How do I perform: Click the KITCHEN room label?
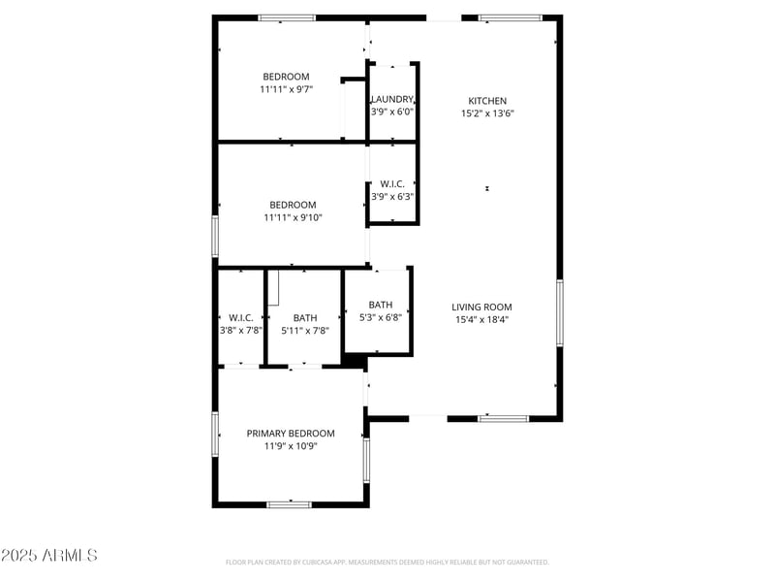coord(487,101)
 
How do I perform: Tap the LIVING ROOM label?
coord(481,307)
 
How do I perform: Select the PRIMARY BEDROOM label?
coord(291,434)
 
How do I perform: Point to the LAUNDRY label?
coord(392,99)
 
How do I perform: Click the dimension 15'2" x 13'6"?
coord(487,113)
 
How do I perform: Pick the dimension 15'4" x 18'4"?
coord(481,320)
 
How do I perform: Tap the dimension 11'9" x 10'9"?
coord(291,446)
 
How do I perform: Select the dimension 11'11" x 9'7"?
coord(286,89)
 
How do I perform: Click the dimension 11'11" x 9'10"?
coord(293,217)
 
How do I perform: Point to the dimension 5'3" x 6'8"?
coord(380,317)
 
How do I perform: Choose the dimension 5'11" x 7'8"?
coord(305,331)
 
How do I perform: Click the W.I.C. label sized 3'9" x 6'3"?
coord(392,183)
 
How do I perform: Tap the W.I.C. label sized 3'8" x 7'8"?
coord(241,318)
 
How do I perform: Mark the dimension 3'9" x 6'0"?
coord(392,112)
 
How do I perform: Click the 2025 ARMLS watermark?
coord(49,556)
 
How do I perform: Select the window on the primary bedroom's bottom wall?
coord(289,504)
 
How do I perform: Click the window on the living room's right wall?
coord(559,313)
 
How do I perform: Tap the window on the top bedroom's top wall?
coord(286,17)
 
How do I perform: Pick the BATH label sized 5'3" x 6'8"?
coord(380,305)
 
